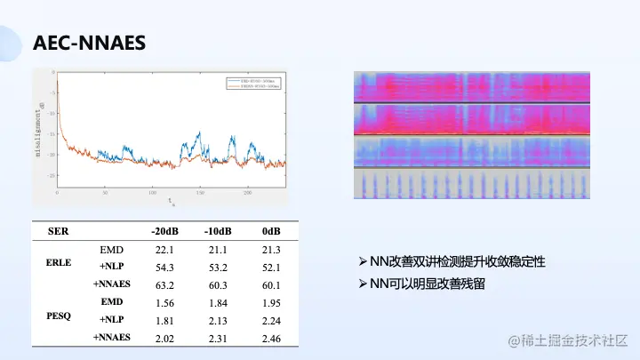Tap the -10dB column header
pos(219,231)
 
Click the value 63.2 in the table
pos(164,284)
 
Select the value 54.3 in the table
pos(164,267)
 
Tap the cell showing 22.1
pos(164,250)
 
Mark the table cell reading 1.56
pos(164,303)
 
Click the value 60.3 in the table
pos(219,284)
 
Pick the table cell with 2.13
pos(219,321)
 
